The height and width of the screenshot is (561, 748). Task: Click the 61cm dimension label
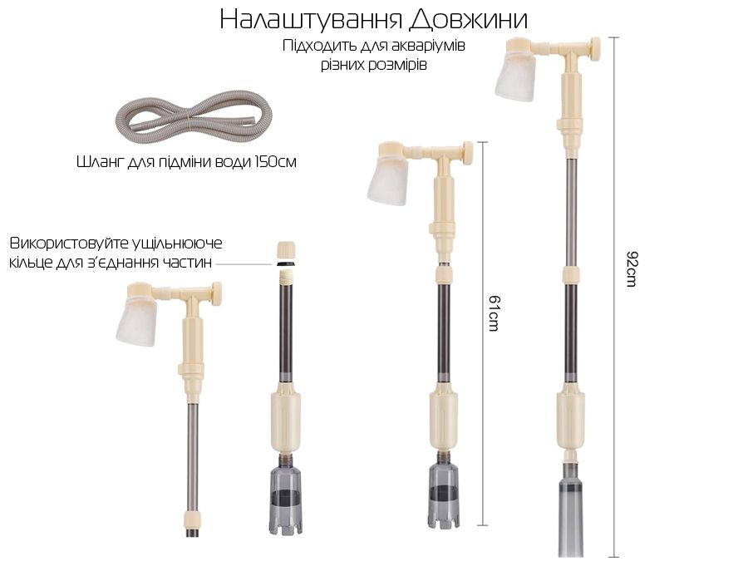point(495,313)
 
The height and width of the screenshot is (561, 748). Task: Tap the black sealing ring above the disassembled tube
point(286,263)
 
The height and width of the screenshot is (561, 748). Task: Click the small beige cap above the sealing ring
point(286,250)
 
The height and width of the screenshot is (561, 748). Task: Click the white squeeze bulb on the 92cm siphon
point(515,76)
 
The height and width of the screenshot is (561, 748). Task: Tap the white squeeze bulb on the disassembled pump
point(136,321)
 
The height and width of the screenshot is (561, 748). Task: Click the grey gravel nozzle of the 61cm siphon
point(444,496)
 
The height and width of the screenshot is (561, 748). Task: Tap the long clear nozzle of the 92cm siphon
point(572,515)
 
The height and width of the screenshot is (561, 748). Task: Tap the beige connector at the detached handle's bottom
point(193,519)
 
